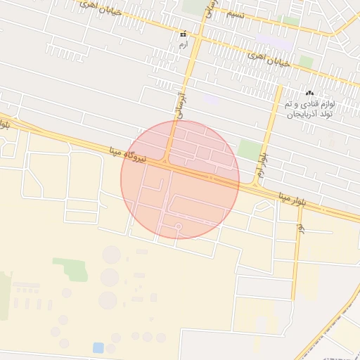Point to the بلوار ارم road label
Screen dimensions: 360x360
[x=264, y=167]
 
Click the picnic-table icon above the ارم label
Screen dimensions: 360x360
[x=184, y=34]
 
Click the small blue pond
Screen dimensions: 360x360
[x=98, y=347]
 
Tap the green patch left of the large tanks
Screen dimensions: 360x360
[x=71, y=269]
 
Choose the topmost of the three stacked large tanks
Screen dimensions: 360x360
[x=112, y=255]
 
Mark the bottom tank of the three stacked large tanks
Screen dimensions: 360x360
[x=108, y=300]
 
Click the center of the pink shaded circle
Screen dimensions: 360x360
[x=180, y=179]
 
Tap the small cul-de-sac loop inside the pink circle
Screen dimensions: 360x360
[x=179, y=226]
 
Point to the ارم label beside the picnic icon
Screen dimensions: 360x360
[x=184, y=44]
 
